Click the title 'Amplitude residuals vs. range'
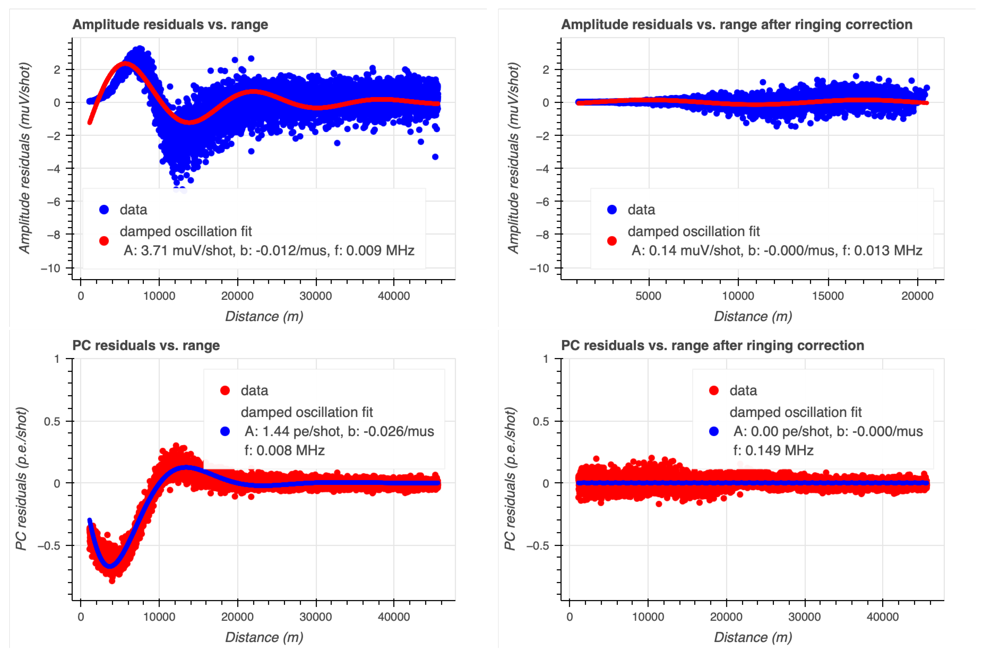pos(170,24)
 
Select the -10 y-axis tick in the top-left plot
pos(51,268)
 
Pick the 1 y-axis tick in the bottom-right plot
pos(545,359)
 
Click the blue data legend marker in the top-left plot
pos(104,210)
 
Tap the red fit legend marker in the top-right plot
pos(612,241)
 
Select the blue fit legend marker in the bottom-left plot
pos(225,432)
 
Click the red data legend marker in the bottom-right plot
pos(714,391)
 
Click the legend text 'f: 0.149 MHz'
pos(773,450)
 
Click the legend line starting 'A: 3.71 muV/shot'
pos(269,250)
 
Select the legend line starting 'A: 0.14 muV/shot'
pos(776,250)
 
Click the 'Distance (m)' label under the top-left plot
pos(264,316)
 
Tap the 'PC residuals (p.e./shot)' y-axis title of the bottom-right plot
pos(510,479)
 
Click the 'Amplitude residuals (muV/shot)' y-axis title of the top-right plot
pos(513,158)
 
